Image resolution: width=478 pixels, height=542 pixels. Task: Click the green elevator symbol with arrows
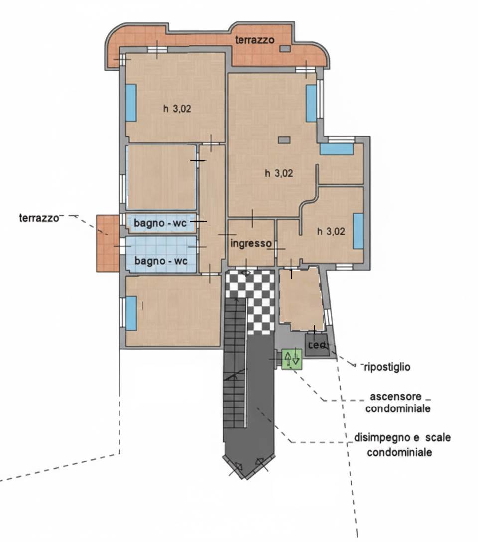point(292,358)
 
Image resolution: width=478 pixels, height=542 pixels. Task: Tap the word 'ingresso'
point(251,243)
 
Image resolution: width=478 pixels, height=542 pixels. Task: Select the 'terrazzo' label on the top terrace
point(255,40)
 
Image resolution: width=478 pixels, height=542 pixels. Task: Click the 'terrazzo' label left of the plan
point(39,218)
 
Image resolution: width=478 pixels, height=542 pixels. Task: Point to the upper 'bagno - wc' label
point(160,224)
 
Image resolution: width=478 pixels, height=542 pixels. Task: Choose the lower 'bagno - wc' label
point(160,261)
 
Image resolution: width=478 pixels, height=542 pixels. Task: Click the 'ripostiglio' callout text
point(387,367)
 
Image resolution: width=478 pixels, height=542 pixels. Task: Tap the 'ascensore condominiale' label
point(397,403)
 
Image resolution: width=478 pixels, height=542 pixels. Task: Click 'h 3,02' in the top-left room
point(177,110)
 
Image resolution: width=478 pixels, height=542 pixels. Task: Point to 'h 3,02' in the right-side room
point(331,231)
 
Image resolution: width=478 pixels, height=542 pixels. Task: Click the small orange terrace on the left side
point(107,244)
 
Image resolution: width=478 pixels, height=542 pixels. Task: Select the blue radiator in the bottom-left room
point(131,313)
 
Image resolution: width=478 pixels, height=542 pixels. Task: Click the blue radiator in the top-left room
point(131,103)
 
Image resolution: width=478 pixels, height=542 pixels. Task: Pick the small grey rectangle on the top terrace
point(285,48)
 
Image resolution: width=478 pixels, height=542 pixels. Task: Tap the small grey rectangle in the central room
point(284,140)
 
